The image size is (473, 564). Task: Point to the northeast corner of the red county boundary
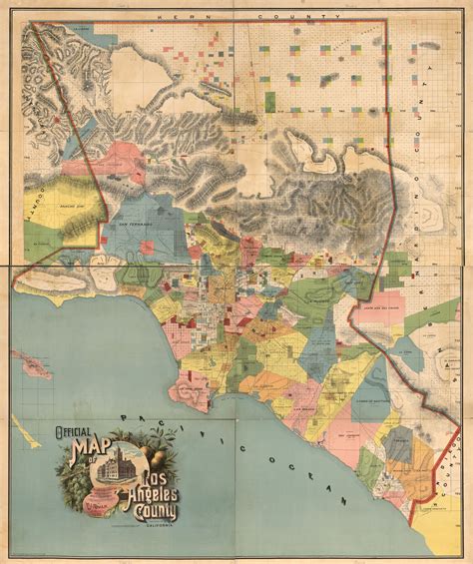pyautogui.click(x=383, y=21)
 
